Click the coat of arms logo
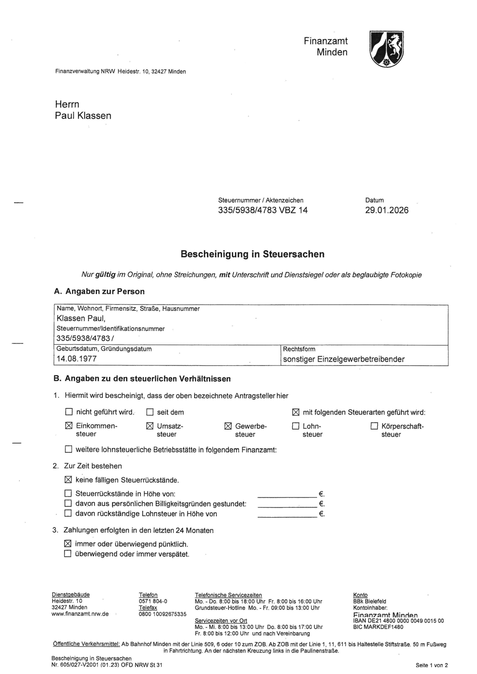click(x=387, y=49)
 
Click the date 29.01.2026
click(x=387, y=210)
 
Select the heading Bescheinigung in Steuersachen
click(x=252, y=254)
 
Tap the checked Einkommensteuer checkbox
click(x=69, y=426)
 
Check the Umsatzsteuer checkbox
click(x=150, y=426)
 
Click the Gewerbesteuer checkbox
click(x=228, y=426)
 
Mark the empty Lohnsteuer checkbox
click(x=296, y=426)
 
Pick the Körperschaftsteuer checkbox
click(x=374, y=426)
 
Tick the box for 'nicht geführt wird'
click(x=69, y=412)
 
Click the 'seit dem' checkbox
click(x=150, y=412)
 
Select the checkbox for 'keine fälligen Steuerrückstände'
click(x=68, y=480)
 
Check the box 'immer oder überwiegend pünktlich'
click(x=68, y=544)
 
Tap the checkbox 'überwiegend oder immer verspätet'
click(x=68, y=554)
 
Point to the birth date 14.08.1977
click(x=76, y=359)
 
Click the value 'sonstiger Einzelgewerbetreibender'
click(x=343, y=359)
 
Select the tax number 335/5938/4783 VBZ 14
click(x=263, y=210)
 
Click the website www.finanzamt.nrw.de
click(x=80, y=614)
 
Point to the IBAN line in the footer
click(x=398, y=621)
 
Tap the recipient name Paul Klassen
click(x=83, y=115)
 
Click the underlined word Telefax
click(x=148, y=607)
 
